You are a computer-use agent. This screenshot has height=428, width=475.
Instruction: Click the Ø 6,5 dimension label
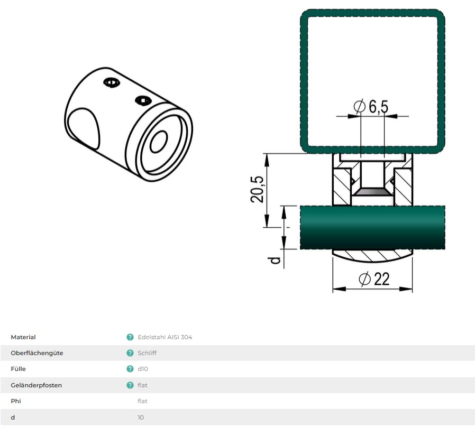pyautogui.click(x=371, y=107)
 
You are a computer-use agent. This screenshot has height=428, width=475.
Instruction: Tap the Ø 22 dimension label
pyautogui.click(x=374, y=279)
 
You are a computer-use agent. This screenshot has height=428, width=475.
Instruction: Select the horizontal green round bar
pyautogui.click(x=372, y=227)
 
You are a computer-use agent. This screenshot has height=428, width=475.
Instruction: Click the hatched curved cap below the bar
pyautogui.click(x=372, y=256)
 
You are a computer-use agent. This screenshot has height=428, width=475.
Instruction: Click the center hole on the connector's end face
pyautogui.click(x=159, y=142)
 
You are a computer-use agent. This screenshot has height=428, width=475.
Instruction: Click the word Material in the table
pyautogui.click(x=23, y=337)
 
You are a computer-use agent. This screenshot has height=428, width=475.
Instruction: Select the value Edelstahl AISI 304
pyautogui.click(x=165, y=337)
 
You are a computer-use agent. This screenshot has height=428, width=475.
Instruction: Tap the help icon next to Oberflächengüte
pyautogui.click(x=130, y=353)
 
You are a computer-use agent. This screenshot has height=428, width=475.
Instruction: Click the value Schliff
pyautogui.click(x=147, y=353)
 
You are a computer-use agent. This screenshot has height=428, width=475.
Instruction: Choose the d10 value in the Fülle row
pyautogui.click(x=142, y=369)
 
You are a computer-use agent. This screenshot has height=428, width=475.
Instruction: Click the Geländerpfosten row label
pyautogui.click(x=36, y=385)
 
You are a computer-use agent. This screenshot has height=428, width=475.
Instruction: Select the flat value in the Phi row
pyautogui.click(x=142, y=401)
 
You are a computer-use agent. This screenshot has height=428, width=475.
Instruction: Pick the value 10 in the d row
pyautogui.click(x=141, y=417)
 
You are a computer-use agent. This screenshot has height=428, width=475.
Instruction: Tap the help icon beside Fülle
pyautogui.click(x=130, y=369)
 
